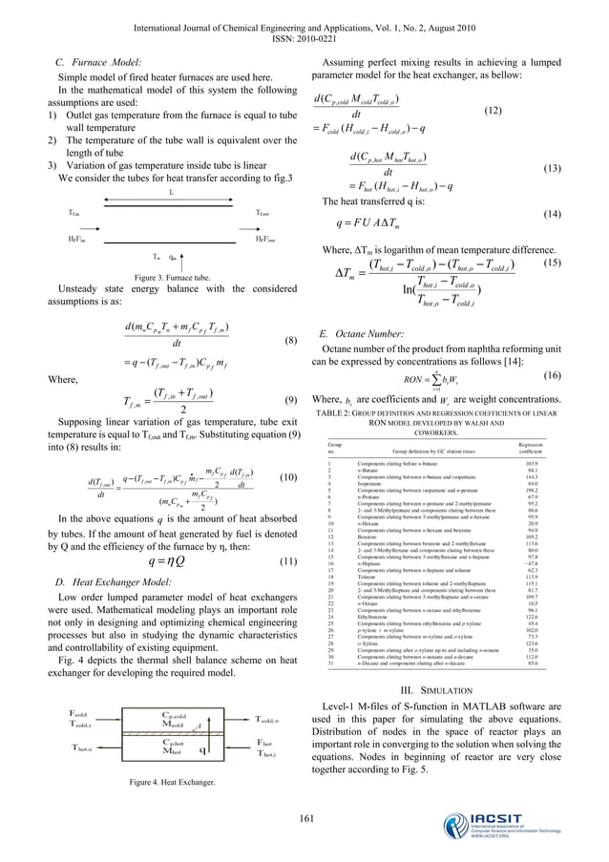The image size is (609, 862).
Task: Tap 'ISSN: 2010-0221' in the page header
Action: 304,27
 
